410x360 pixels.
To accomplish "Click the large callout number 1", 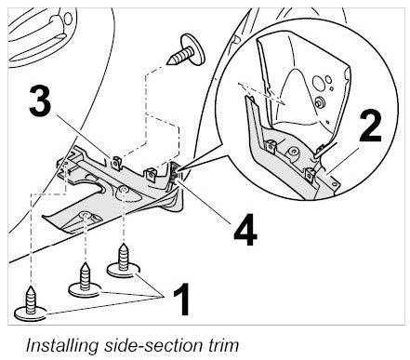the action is pyautogui.click(x=182, y=299).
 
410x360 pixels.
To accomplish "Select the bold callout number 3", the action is pyautogui.click(x=40, y=100).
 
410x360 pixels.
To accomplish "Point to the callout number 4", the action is pyautogui.click(x=245, y=230).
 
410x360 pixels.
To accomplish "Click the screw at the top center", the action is pyautogui.click(x=187, y=51).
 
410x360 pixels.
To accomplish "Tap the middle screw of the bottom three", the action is pyautogui.click(x=85, y=280).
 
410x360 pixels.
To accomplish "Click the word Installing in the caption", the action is pyautogui.click(x=62, y=345).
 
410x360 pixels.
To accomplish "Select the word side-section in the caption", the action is pyautogui.click(x=153, y=345).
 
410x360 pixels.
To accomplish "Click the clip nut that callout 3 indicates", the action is pyautogui.click(x=116, y=163).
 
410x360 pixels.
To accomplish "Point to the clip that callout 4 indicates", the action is pyautogui.click(x=174, y=175).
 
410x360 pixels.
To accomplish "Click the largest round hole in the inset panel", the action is pyautogui.click(x=318, y=82).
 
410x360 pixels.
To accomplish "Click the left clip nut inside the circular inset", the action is pyautogui.click(x=271, y=146).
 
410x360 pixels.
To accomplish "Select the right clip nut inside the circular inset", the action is pyautogui.click(x=310, y=175).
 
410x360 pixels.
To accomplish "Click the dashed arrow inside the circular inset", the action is pyautogui.click(x=261, y=92).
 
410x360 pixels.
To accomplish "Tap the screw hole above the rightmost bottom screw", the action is pyautogui.click(x=124, y=190).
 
